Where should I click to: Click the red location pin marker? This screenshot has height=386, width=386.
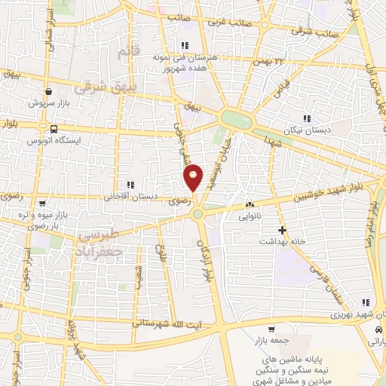click(193, 178)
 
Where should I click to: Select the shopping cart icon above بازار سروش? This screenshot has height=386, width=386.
click(48, 89)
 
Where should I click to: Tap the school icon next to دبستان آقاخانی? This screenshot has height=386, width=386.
click(130, 185)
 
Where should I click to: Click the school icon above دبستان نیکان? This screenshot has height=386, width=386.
click(306, 118)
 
